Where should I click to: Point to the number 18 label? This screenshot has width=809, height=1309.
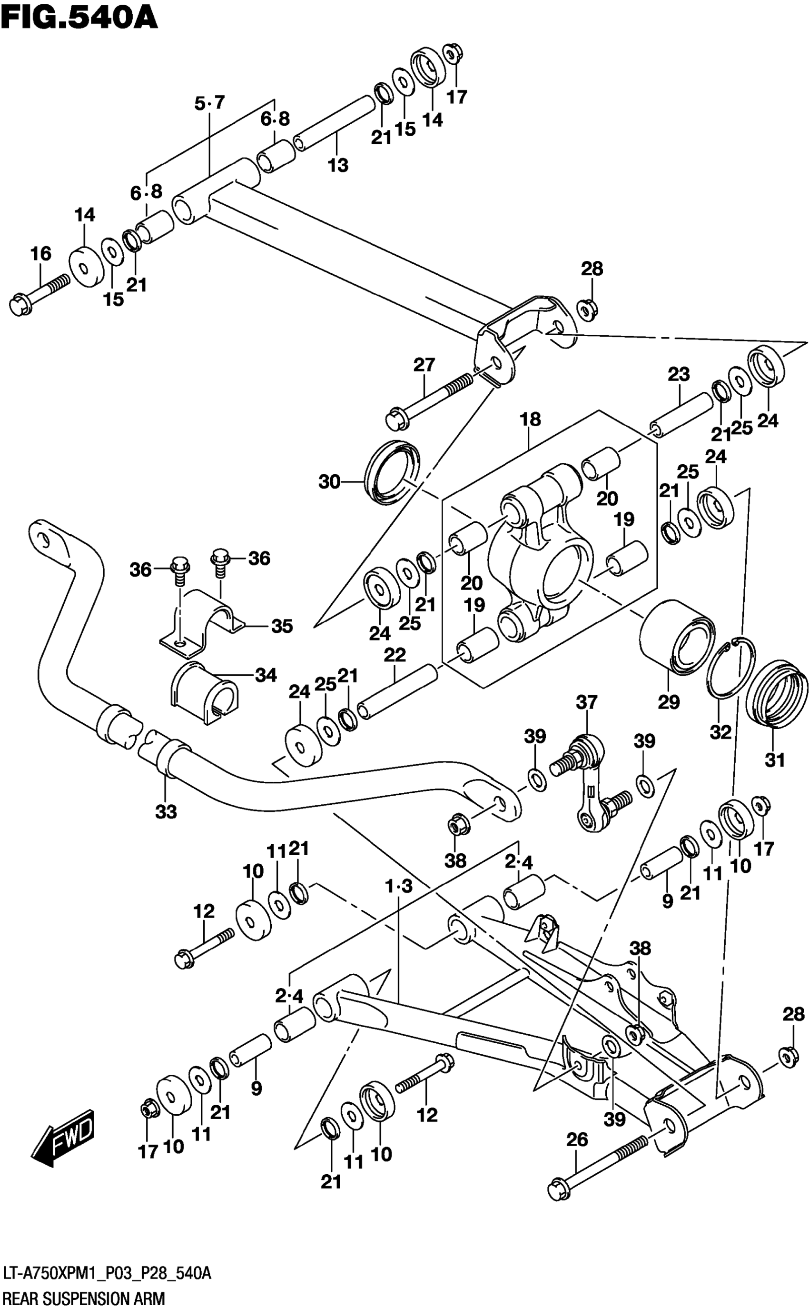point(530,419)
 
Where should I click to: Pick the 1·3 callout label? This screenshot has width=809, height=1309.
point(399,887)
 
